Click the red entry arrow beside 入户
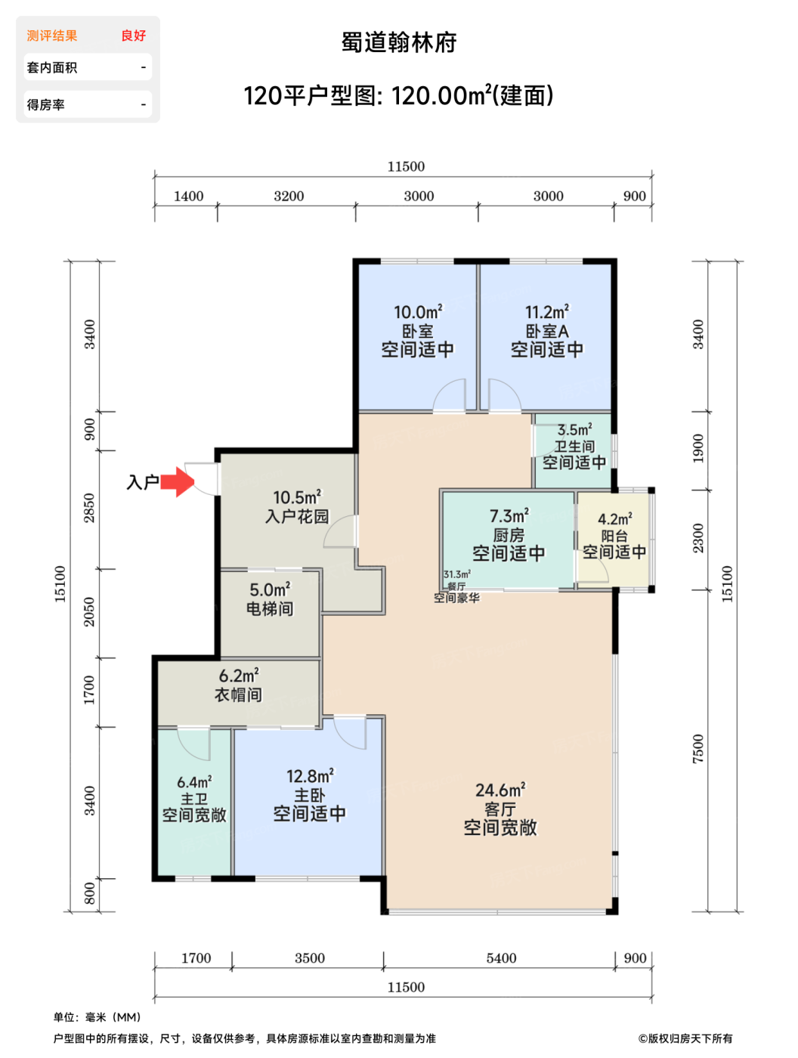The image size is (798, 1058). pyautogui.click(x=177, y=481)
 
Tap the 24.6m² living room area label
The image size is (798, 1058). pyautogui.click(x=500, y=790)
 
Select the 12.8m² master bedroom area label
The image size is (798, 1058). pyautogui.click(x=309, y=776)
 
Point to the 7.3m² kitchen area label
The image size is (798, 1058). pyautogui.click(x=509, y=515)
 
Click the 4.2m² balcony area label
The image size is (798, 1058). pyautogui.click(x=614, y=518)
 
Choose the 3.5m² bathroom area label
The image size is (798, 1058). pyautogui.click(x=574, y=429)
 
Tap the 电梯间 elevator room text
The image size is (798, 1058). pyautogui.click(x=270, y=608)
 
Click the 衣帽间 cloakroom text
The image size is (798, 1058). pyautogui.click(x=238, y=695)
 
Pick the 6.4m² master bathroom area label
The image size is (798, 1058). pyautogui.click(x=194, y=781)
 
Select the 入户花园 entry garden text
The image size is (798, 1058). pyautogui.click(x=297, y=516)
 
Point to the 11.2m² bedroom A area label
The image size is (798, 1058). pyautogui.click(x=546, y=312)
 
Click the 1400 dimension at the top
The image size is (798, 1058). pyautogui.click(x=188, y=196)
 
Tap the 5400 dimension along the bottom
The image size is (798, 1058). pyautogui.click(x=501, y=957)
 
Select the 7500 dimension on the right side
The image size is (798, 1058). pyautogui.click(x=697, y=749)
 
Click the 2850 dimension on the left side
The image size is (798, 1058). pyautogui.click(x=90, y=508)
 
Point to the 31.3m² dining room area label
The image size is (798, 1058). pyautogui.click(x=457, y=574)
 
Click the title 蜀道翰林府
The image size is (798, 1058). pyautogui.click(x=399, y=42)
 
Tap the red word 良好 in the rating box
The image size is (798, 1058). pyautogui.click(x=133, y=36)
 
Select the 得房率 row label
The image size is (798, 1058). pyautogui.click(x=46, y=104)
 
